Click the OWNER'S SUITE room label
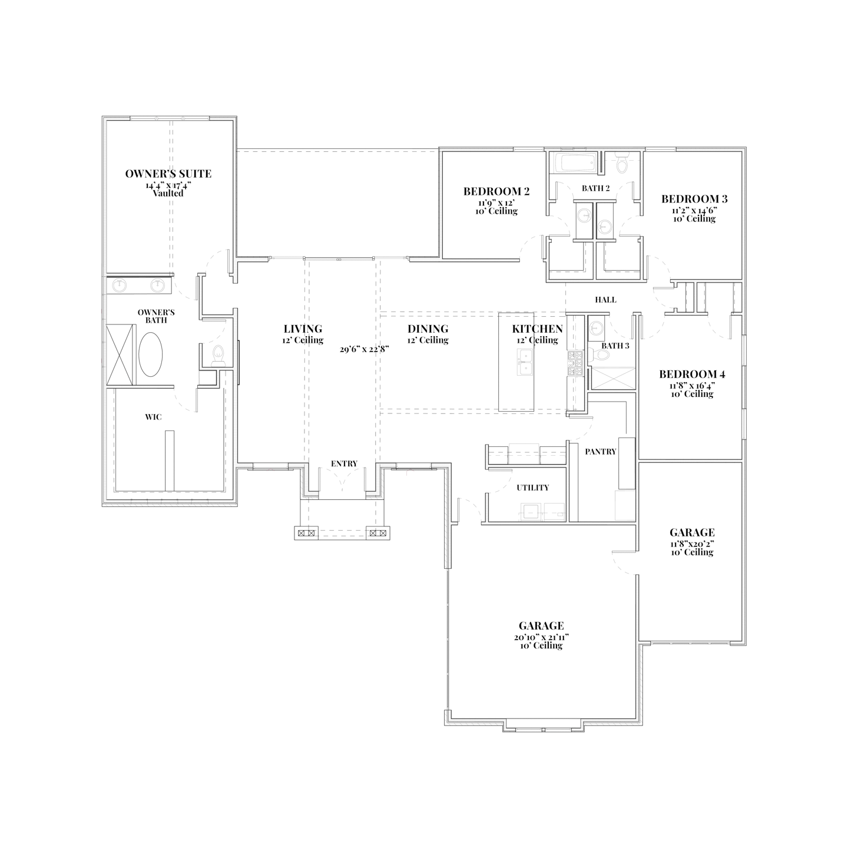tap(168, 174)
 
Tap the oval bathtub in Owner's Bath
tap(150, 355)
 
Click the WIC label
tap(153, 417)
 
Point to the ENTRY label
tap(344, 464)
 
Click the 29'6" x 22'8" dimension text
tap(365, 349)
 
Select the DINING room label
tap(428, 329)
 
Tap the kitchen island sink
tap(524, 362)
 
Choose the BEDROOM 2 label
tap(496, 191)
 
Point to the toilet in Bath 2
tap(622, 165)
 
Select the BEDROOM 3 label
tap(694, 199)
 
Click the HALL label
tap(605, 300)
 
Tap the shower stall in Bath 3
tap(613, 379)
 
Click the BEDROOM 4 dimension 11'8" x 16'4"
tap(692, 385)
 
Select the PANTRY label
tap(600, 452)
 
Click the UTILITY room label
tap(532, 488)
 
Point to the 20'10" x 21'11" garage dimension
tap(541, 637)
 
